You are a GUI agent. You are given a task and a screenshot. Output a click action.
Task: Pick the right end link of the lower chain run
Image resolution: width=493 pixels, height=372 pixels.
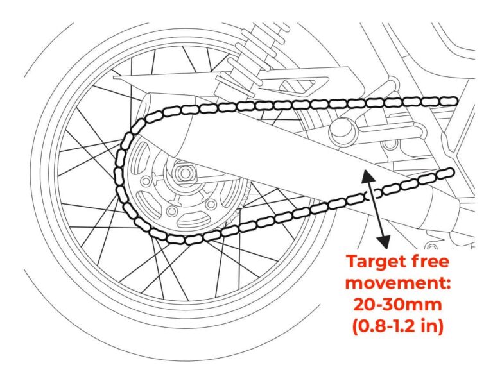pyautogui.click(x=448, y=171)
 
